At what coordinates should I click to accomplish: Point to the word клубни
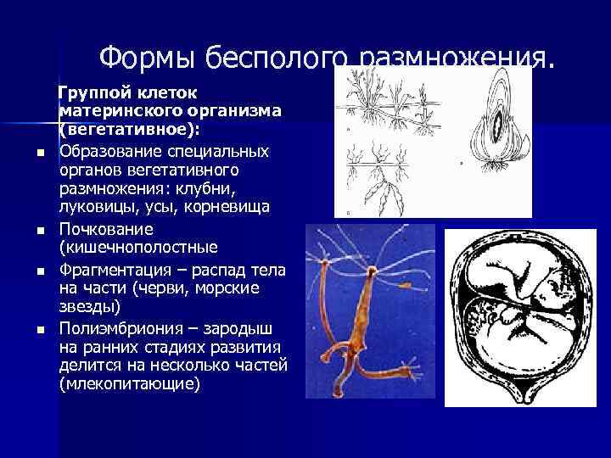242,189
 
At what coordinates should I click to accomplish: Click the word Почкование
106,230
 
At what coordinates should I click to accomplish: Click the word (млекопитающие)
130,384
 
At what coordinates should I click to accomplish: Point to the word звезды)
91,308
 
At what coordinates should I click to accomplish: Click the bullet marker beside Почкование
41,231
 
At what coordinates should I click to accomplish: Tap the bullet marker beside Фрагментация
41,271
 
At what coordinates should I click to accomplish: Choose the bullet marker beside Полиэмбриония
41,328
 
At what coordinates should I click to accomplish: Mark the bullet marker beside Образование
41,153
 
